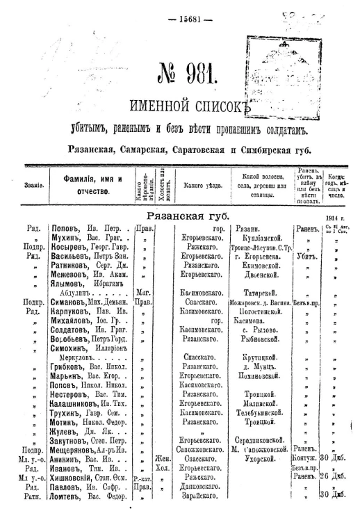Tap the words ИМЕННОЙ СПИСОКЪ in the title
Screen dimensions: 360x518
point(184,106)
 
